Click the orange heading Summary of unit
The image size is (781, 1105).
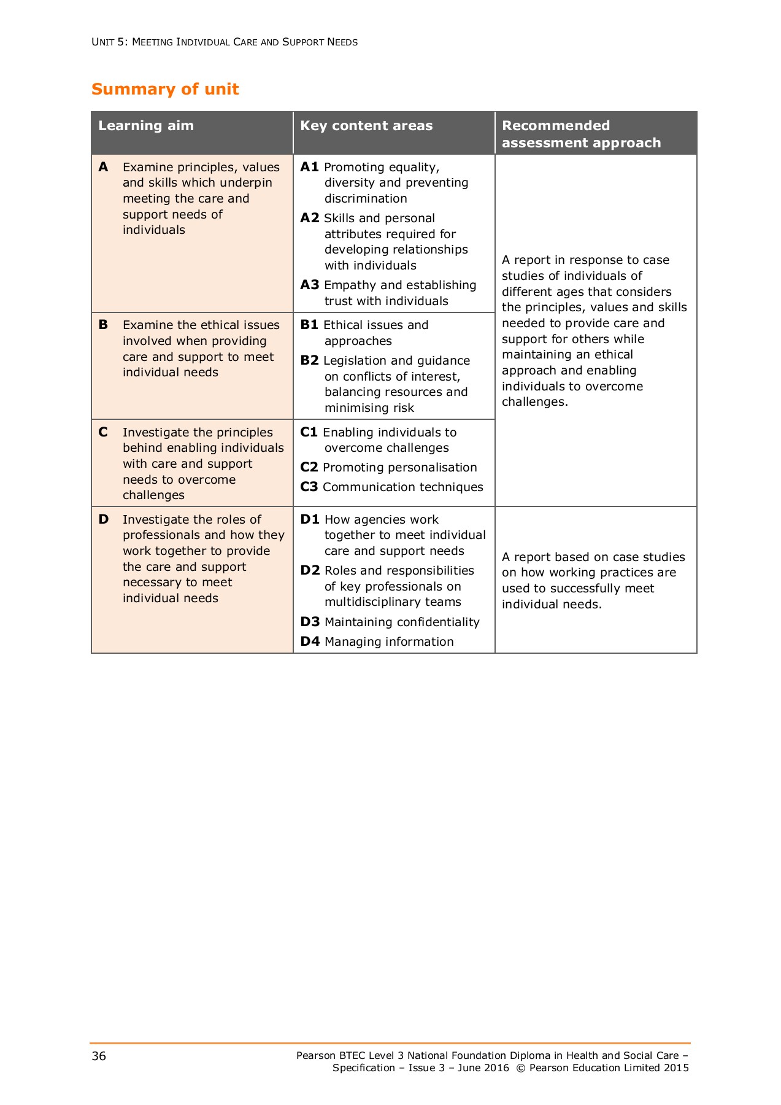(x=165, y=89)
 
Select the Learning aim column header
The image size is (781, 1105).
(x=146, y=126)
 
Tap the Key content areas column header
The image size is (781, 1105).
(x=366, y=126)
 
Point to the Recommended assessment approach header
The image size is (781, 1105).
(x=581, y=134)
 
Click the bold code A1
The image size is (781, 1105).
(x=309, y=167)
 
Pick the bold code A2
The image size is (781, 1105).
(x=310, y=218)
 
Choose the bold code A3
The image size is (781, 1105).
(x=310, y=285)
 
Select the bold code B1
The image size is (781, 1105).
(x=309, y=325)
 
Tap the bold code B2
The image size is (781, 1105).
(x=309, y=360)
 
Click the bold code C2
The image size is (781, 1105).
(x=309, y=467)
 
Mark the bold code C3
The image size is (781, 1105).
(x=309, y=487)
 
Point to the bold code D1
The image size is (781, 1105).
(x=310, y=519)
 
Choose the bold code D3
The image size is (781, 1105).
(x=310, y=622)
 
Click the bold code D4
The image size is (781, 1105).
(x=310, y=642)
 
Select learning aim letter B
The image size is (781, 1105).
(x=103, y=325)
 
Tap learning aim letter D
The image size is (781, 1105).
(x=104, y=519)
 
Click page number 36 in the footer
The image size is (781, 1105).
(x=99, y=1056)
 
